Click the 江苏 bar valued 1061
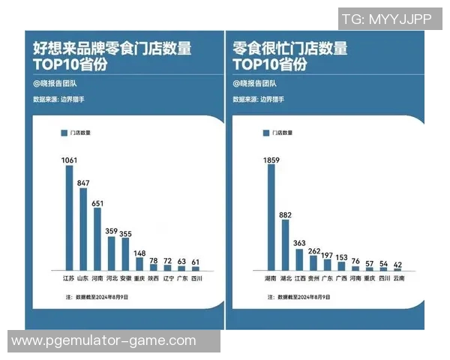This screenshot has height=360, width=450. pos(70,217)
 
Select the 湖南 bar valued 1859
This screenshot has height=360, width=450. pos(271,217)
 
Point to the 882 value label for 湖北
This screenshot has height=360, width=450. pos(285,214)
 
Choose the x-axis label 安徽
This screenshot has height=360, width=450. pos(125,278)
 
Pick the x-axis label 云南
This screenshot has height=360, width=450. pos(397,278)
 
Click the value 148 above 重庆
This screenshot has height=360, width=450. pos(139,253)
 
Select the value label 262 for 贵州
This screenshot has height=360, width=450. pos(313,250)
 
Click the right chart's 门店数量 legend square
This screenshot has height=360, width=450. pos(265,133)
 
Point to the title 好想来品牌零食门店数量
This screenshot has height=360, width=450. pos(112,49)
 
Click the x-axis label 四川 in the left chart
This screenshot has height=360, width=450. pos(196,278)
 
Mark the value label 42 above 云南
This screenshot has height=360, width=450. pos(397,263)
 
